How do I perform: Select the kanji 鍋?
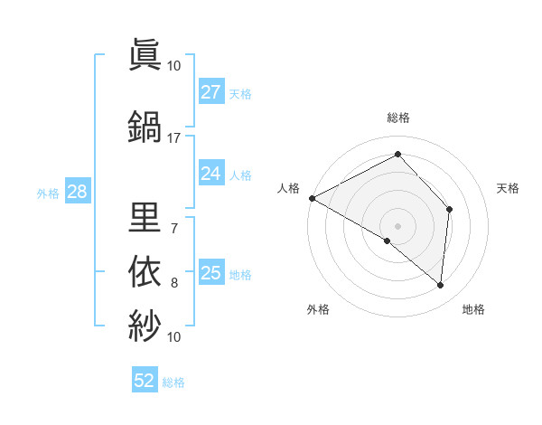pos(145,126)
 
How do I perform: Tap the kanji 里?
pos(145,216)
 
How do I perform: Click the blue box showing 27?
pos(211,92)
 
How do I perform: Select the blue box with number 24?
pos(211,174)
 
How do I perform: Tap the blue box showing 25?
pos(211,273)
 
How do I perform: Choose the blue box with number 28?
pos(77,192)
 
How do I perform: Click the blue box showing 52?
pos(145,381)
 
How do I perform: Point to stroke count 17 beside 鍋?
pos(173,138)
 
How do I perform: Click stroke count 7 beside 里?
pos(173,229)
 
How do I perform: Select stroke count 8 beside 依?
pos(174,283)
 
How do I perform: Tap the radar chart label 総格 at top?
pos(398,118)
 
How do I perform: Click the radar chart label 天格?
pos(509,188)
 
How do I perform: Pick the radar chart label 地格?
pos(473,309)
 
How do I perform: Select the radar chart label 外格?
pos(318,309)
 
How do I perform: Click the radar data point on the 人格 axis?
pos(312,198)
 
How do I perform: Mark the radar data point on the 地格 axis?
pos(441,286)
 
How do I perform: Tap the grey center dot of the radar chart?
pos(397,225)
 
